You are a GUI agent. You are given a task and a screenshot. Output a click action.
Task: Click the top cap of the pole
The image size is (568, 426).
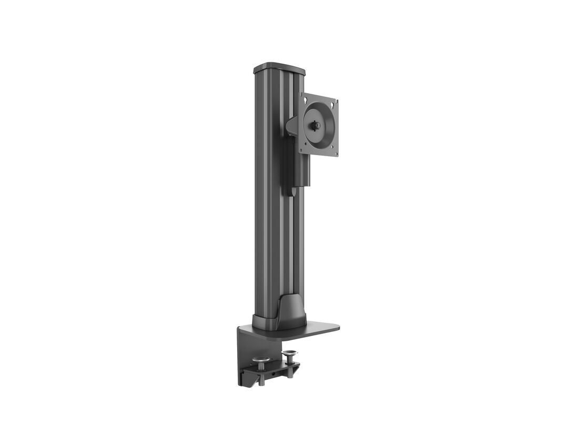(x=279, y=68)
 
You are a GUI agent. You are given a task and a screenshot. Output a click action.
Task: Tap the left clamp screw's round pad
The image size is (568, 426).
(x=261, y=360)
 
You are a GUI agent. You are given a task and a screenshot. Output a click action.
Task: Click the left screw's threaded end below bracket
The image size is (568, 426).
(x=262, y=381)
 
